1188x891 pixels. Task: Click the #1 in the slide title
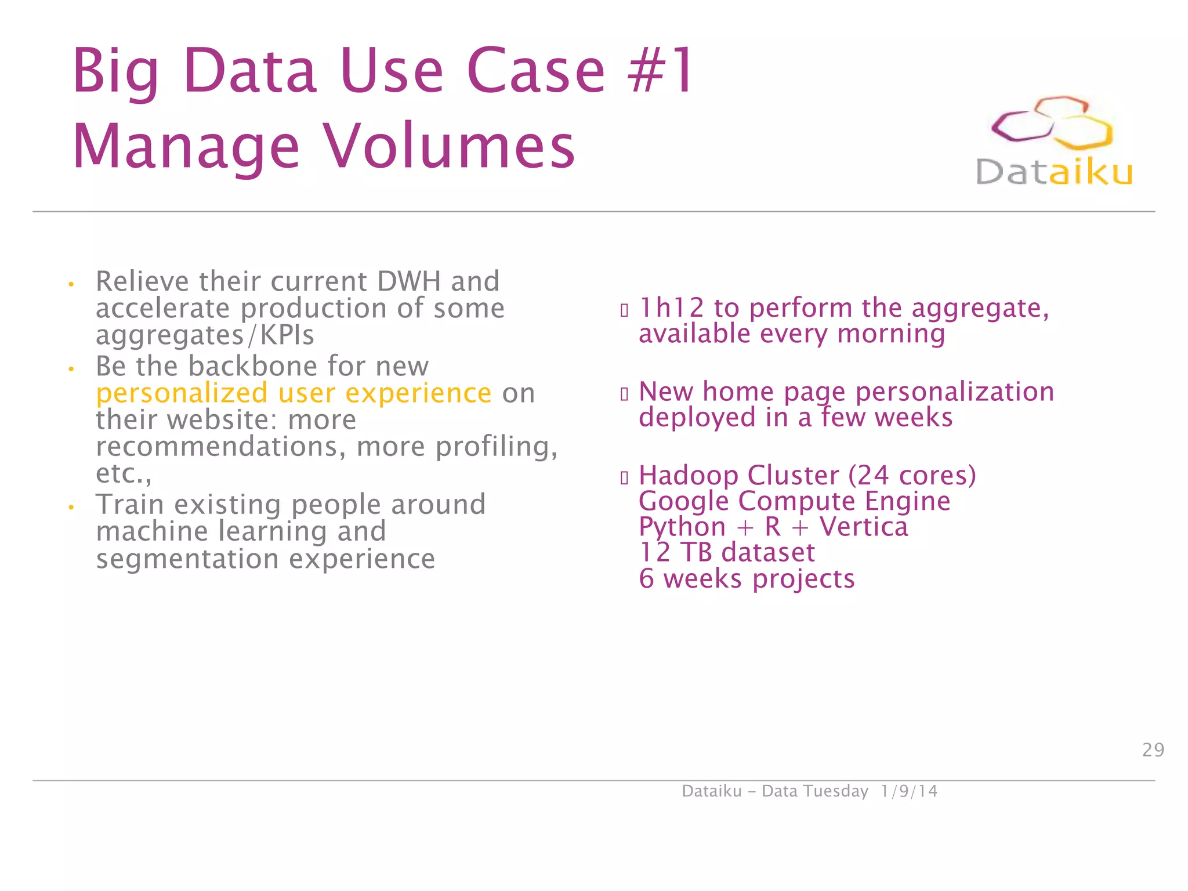click(x=661, y=71)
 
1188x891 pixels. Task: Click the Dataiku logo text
click(x=1053, y=172)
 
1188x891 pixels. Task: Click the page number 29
click(x=1153, y=750)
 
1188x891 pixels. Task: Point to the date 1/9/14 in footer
click(x=908, y=791)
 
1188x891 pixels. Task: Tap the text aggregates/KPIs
click(x=205, y=335)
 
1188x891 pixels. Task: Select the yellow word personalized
click(x=182, y=393)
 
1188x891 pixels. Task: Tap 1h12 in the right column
click(x=671, y=307)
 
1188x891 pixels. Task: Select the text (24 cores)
click(x=912, y=475)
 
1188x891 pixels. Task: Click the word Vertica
click(x=863, y=527)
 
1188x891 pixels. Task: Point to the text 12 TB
click(x=675, y=552)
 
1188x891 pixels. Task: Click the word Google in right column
click(x=683, y=501)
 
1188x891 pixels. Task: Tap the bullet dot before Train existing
click(x=71, y=508)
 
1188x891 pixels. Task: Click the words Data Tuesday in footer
click(x=814, y=791)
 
